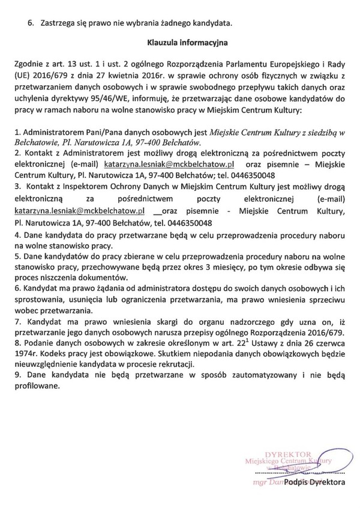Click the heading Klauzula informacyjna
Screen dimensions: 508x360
180,43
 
